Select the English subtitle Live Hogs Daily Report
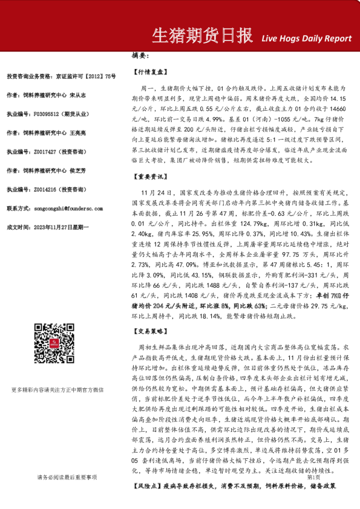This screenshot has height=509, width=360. click(306, 38)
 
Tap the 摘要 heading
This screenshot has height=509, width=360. click(140, 55)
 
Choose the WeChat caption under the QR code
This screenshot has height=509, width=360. click(58, 390)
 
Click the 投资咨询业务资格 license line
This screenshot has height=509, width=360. click(61, 76)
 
